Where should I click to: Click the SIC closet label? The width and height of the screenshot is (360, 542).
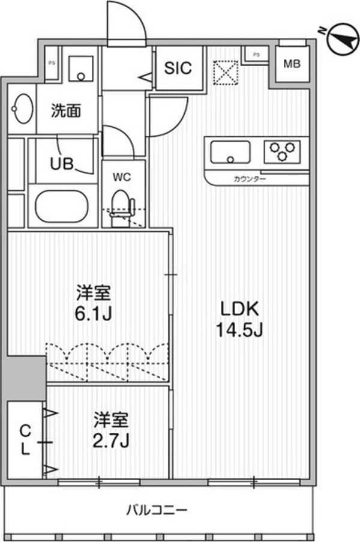coord(179,68)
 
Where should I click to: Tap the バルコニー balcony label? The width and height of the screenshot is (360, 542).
coord(157,510)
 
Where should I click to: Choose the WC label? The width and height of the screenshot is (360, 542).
coord(122,177)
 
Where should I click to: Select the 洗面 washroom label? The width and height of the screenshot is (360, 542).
coord(65,110)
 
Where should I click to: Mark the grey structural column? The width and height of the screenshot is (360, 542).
coord(25,377)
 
